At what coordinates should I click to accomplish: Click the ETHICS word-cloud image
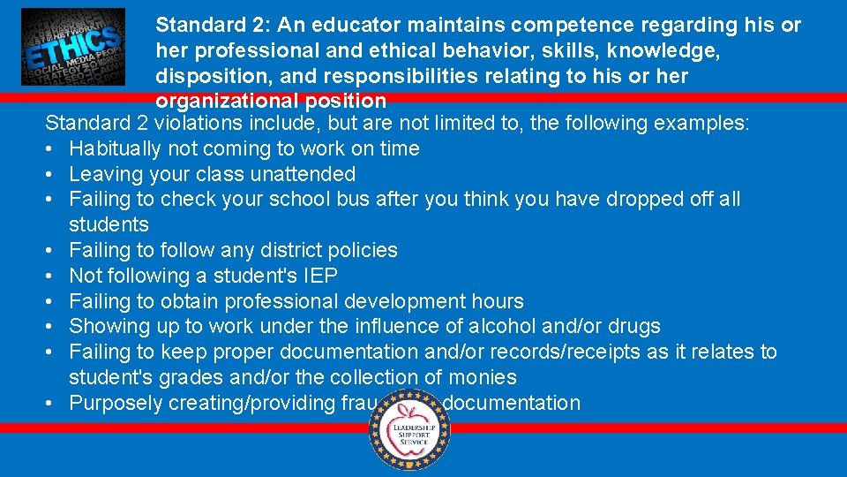73,47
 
